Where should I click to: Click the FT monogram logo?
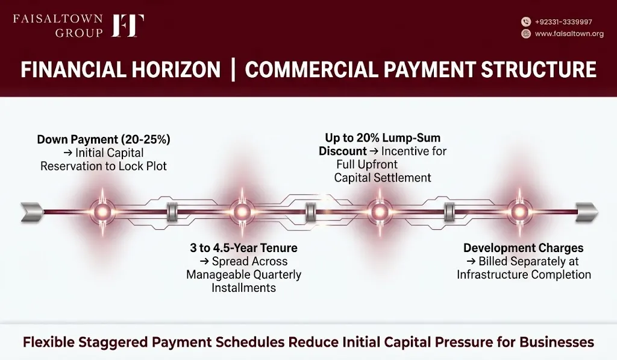[x=128, y=25]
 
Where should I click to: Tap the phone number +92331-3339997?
[x=563, y=22]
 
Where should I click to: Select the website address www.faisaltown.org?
[x=569, y=34]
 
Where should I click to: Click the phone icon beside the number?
[x=526, y=22]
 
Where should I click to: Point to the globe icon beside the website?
[x=526, y=34]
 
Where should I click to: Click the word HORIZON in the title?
[x=176, y=70]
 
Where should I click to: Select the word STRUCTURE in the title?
[x=538, y=70]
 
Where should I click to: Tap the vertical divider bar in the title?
[x=233, y=70]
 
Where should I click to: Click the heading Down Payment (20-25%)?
[x=104, y=139]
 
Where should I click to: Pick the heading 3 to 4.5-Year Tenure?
[x=243, y=248]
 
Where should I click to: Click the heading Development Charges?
[x=524, y=248]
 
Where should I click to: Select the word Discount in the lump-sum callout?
[x=343, y=151]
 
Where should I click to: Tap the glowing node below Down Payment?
[x=102, y=212]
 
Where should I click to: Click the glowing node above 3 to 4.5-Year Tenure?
[x=242, y=212]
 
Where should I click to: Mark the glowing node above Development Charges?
[x=519, y=212]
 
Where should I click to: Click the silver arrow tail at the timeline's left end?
[x=33, y=212]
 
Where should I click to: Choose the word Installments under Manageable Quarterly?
[x=243, y=288]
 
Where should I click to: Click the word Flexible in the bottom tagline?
[x=48, y=342]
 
